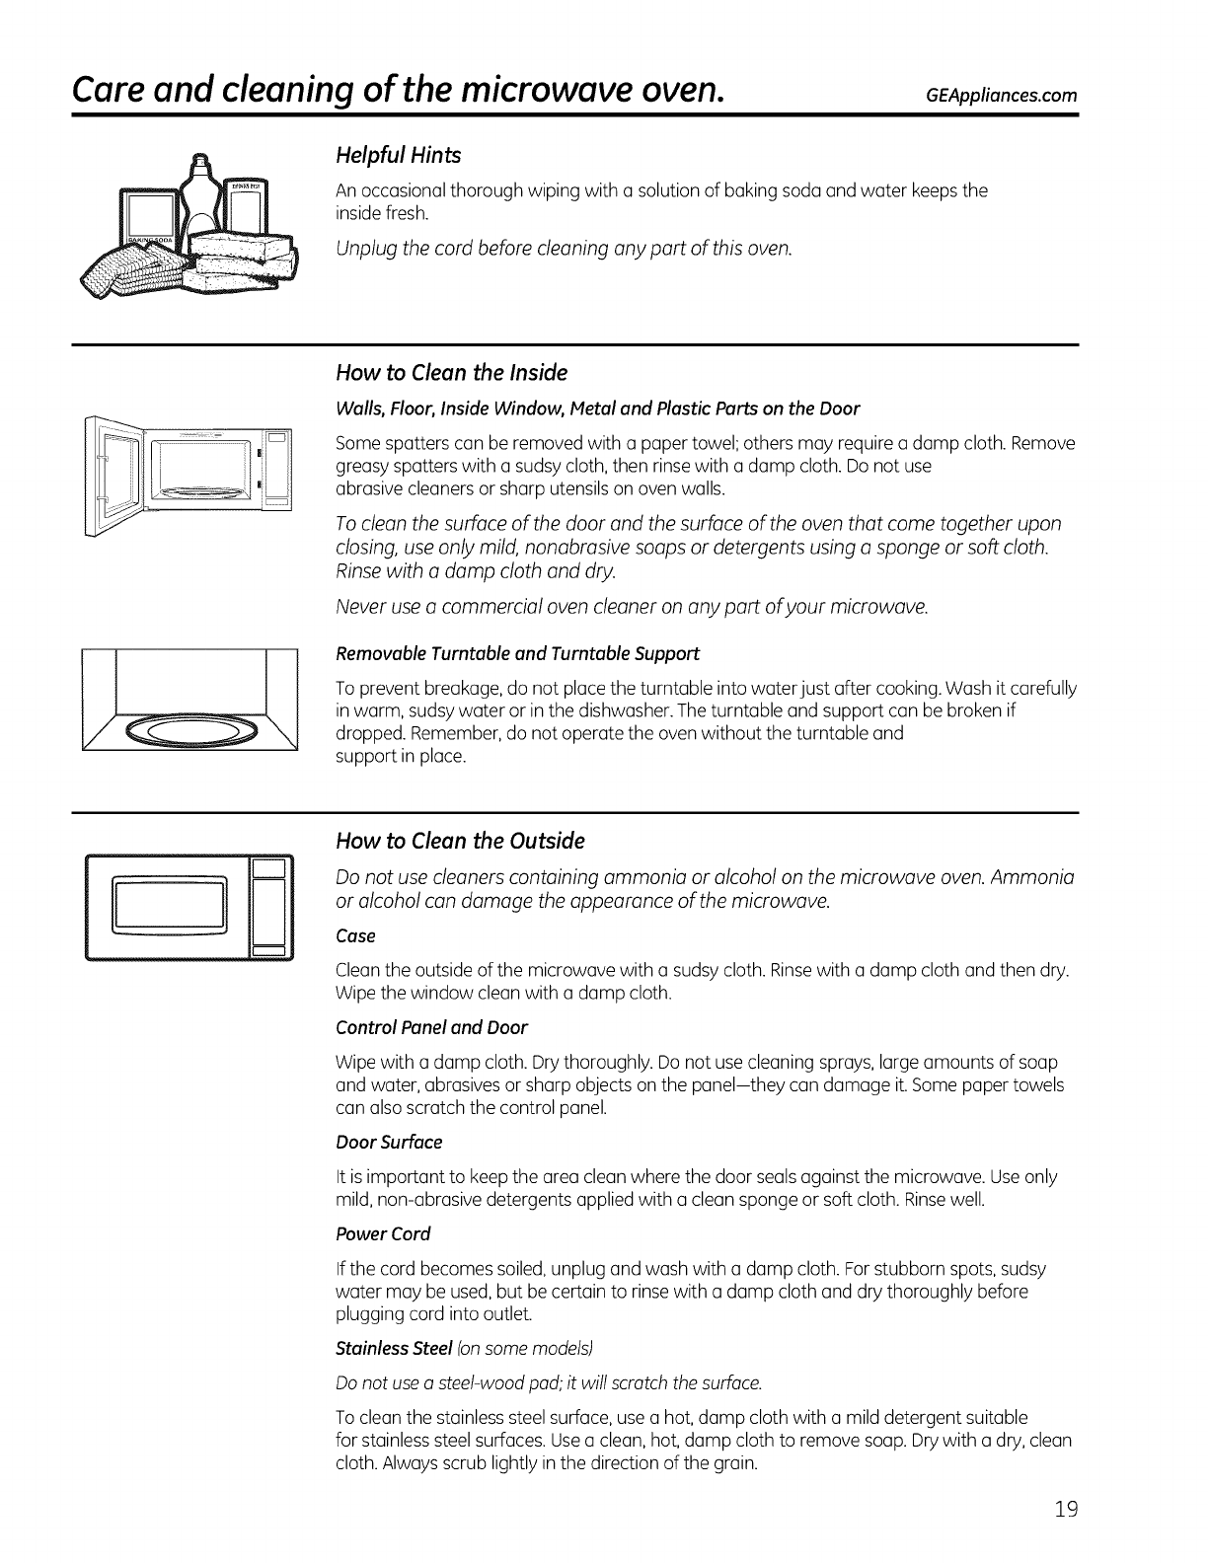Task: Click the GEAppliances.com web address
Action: pos(996,96)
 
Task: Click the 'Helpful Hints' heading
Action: pos(399,156)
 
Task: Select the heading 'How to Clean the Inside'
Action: pos(451,373)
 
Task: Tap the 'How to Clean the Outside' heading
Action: pos(460,841)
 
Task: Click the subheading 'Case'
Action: pos(355,935)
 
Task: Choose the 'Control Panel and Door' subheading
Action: pos(431,1027)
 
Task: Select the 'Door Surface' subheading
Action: pos(389,1142)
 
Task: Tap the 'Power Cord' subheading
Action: pos(383,1233)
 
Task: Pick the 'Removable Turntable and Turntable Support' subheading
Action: pos(518,653)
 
